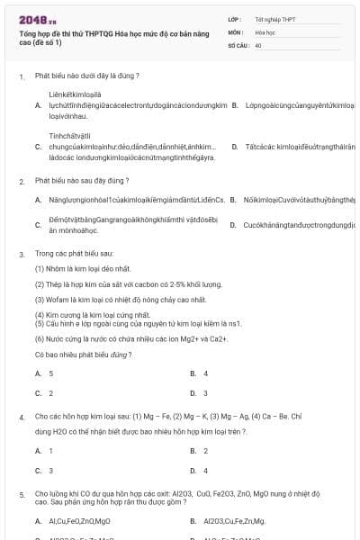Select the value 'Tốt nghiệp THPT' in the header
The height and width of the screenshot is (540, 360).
click(x=275, y=18)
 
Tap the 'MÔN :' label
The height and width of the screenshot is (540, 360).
click(x=236, y=31)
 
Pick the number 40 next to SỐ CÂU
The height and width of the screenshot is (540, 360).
click(x=258, y=44)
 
